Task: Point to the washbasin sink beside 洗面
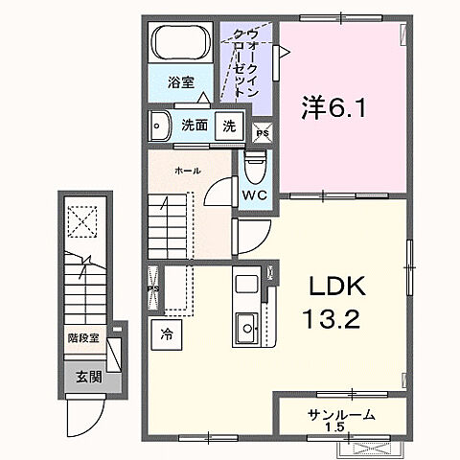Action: coord(160,125)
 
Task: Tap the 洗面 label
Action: coord(195,126)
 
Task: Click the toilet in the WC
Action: coord(255,168)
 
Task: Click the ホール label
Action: coord(187,171)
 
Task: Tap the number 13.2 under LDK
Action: coord(332,319)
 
